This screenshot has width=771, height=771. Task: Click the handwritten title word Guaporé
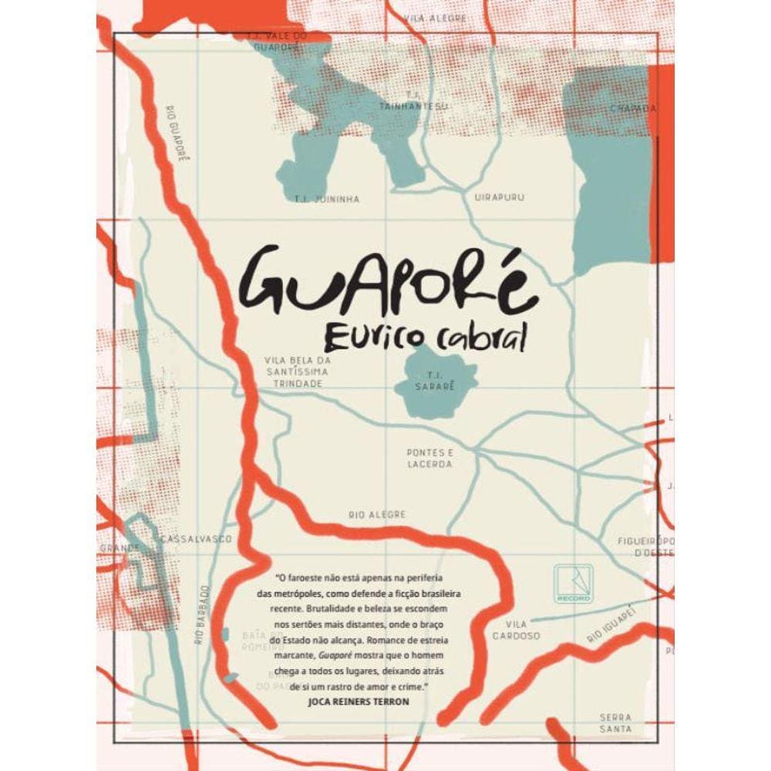coord(385,283)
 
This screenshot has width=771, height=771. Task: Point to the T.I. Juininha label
coord(327,199)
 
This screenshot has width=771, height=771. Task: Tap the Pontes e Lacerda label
coord(429,459)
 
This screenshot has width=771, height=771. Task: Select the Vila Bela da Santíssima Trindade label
coord(297,371)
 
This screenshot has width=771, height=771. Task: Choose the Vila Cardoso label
coord(517,630)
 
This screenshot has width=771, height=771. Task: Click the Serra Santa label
coord(616,722)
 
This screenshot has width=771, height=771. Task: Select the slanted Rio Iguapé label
coord(614,625)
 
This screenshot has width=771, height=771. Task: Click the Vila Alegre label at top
coord(425,15)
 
